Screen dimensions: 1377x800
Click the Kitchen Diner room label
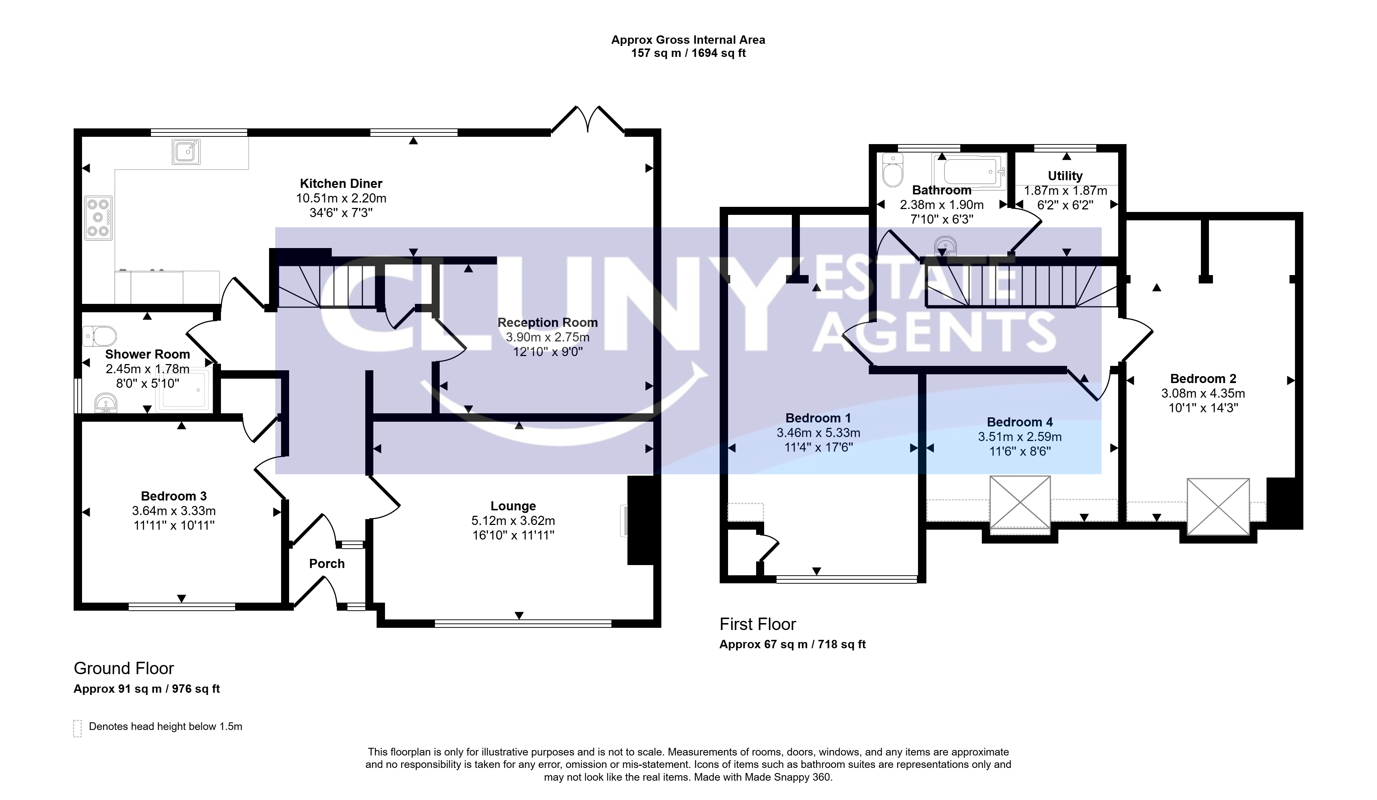click(341, 184)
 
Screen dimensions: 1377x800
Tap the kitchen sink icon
click(186, 151)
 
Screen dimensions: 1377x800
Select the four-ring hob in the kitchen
click(98, 218)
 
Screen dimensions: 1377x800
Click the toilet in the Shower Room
click(100, 336)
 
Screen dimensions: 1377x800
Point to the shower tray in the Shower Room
click(183, 390)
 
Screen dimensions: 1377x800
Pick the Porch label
click(327, 564)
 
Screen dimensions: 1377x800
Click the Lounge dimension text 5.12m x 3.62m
click(513, 521)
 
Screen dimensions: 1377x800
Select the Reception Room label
click(548, 322)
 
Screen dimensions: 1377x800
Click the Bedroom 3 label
click(174, 496)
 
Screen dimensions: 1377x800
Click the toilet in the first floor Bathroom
click(893, 170)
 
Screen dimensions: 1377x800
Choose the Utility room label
click(1065, 176)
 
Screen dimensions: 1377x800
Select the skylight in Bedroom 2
click(1218, 506)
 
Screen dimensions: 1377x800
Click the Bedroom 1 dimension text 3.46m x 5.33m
click(818, 433)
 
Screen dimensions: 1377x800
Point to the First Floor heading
click(758, 625)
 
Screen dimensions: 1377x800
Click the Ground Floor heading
click(124, 668)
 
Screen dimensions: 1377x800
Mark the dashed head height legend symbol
click(78, 728)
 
